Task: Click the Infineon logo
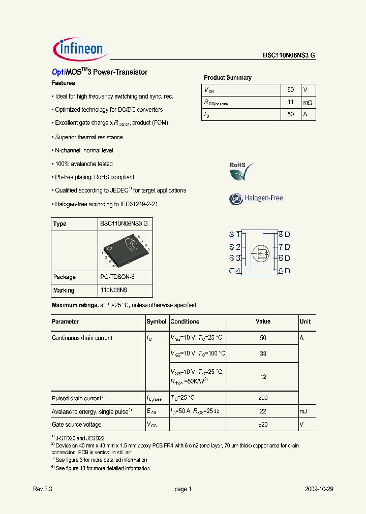tap(79, 49)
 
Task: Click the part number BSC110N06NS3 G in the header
tap(289, 56)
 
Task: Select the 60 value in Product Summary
tap(290, 89)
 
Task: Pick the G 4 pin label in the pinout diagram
tap(234, 271)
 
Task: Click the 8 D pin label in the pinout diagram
tap(284, 235)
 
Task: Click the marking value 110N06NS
tap(113, 291)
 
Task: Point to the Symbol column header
tap(157, 322)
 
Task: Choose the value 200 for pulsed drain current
tap(263, 398)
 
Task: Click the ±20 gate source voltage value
tap(263, 425)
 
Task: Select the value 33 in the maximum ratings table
tap(263, 354)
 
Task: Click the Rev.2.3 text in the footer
tap(43, 489)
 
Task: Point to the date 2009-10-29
tap(319, 489)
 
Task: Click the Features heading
tap(64, 83)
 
